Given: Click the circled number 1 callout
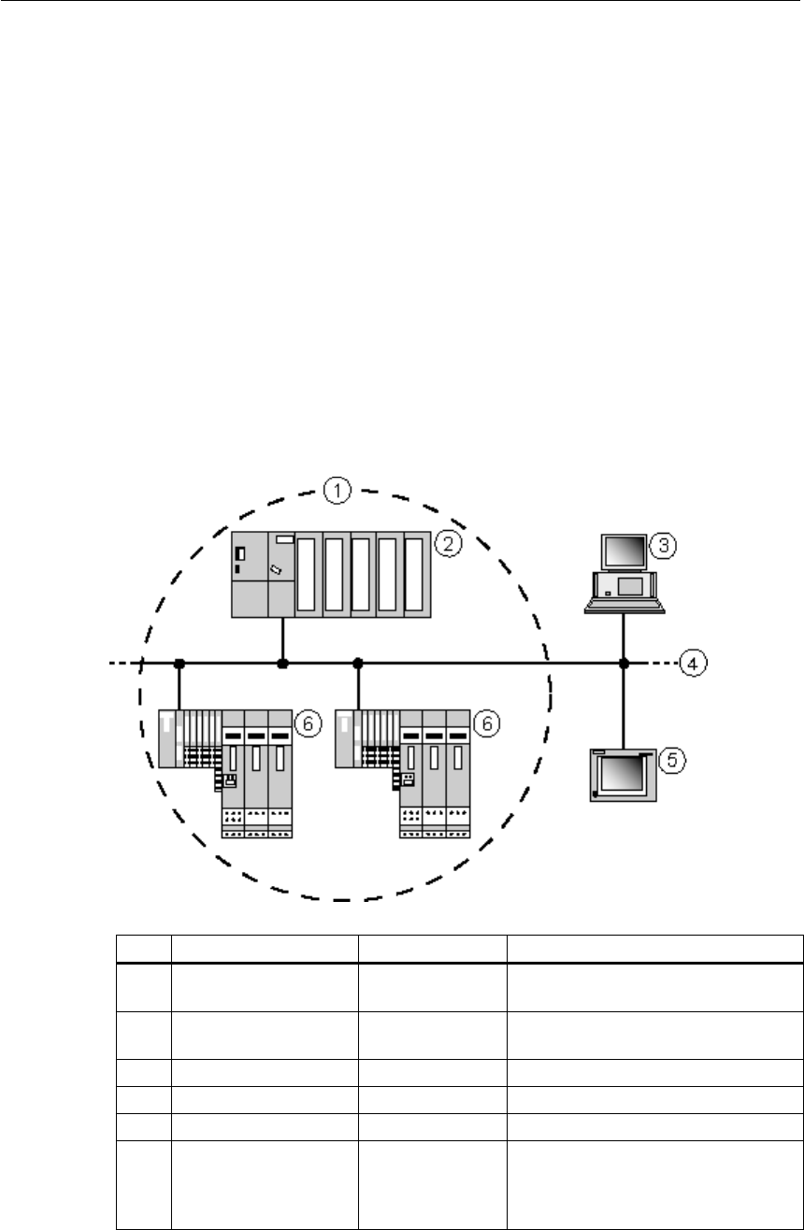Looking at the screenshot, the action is point(337,491).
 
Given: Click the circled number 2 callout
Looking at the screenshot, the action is point(448,544).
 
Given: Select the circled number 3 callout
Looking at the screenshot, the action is point(663,545).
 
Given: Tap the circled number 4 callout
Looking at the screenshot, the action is point(693,664).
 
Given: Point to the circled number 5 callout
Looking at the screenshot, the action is point(671,760).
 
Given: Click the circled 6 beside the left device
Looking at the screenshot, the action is point(309,723).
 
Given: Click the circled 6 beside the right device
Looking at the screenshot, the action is point(486,723).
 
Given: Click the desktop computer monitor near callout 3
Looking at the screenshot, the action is point(624,551).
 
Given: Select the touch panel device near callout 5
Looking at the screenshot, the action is point(624,775).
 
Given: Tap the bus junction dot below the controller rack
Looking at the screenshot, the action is point(282,664).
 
